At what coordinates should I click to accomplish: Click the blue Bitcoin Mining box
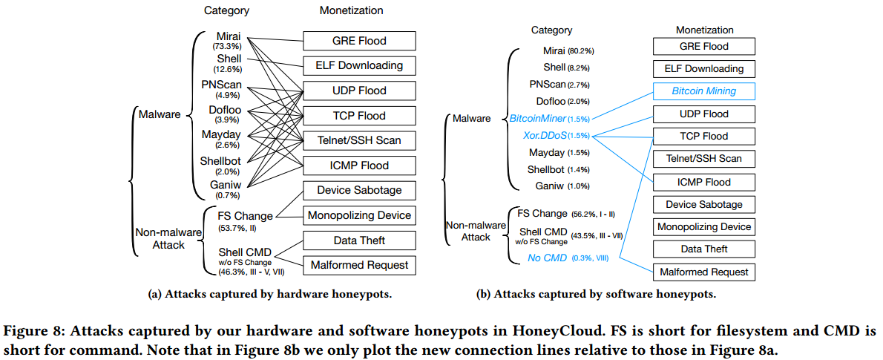[x=704, y=91]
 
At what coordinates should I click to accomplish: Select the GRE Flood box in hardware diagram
[x=360, y=41]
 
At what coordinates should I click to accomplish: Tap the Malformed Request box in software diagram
[x=704, y=272]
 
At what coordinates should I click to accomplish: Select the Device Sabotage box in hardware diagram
[x=360, y=190]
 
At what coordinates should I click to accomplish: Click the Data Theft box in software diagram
[x=704, y=249]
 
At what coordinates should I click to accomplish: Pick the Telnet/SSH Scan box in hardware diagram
[x=360, y=140]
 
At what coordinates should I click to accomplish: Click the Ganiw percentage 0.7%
[x=227, y=195]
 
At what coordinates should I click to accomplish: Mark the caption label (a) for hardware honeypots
[x=153, y=295]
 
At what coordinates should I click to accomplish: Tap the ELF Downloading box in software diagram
[x=704, y=69]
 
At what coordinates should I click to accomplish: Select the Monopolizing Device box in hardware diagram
[x=360, y=215]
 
